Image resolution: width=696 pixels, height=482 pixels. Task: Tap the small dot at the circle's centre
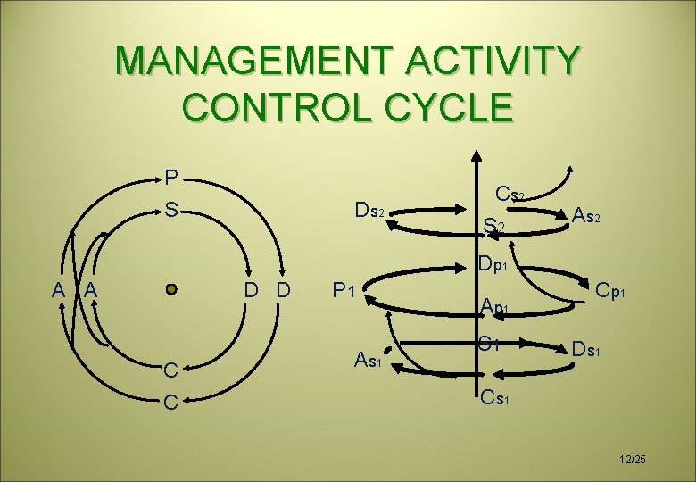172,289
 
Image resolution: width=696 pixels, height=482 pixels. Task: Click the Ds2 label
369,212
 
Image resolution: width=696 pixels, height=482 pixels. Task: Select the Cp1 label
615,291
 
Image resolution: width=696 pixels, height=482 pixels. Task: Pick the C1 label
488,340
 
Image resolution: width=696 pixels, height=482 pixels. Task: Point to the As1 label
369,360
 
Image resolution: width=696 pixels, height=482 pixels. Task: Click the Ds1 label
592,348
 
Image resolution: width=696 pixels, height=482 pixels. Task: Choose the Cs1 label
494,396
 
